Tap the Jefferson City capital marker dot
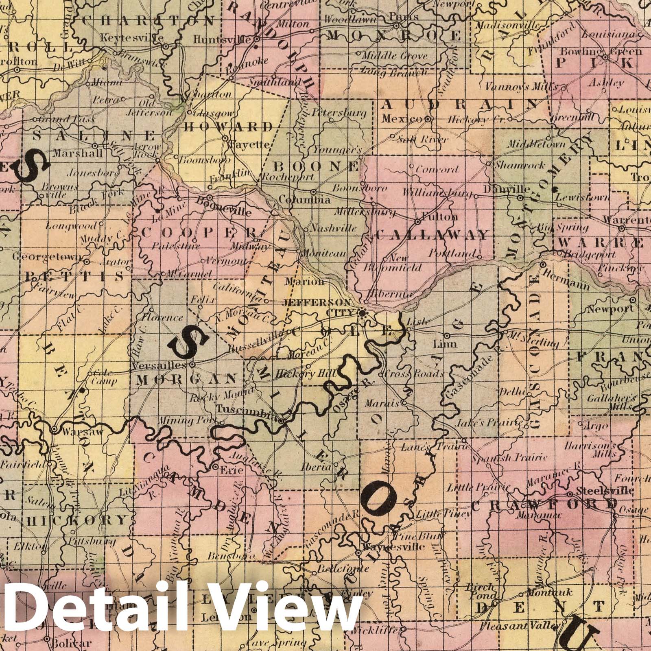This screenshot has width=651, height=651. (362, 313)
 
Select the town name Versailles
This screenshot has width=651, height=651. (159, 365)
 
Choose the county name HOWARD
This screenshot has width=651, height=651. (228, 127)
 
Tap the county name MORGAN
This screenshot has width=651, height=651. (186, 379)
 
